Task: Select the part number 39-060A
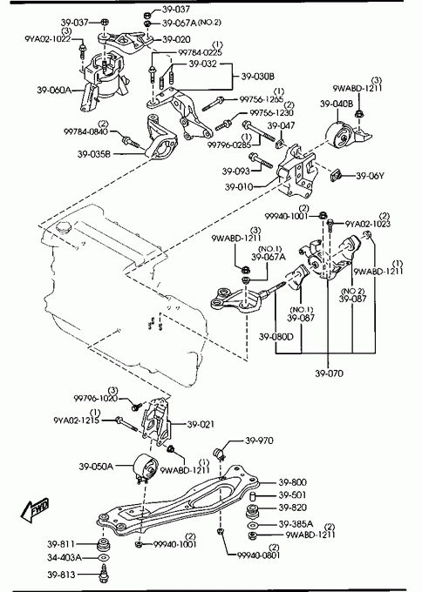point(54,90)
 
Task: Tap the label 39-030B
point(258,77)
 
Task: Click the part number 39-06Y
point(370,176)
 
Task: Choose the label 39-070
point(329,373)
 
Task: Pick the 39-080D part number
point(276,336)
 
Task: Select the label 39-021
point(201,424)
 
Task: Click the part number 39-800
point(293,482)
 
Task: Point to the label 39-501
point(292,495)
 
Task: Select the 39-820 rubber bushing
point(252,512)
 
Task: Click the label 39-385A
point(296,524)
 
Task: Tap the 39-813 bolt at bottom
point(104,575)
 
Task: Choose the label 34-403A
point(65,557)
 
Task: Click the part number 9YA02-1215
point(77,420)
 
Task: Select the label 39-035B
point(94,154)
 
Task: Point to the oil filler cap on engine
point(62,228)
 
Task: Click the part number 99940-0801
point(259,555)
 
